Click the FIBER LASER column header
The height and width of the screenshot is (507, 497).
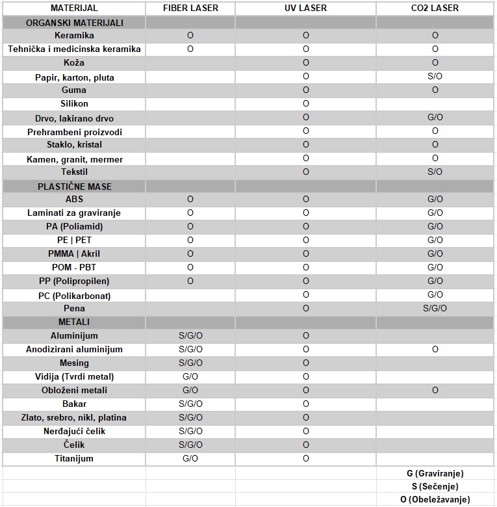click(x=190, y=8)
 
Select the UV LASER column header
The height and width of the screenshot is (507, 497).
click(x=305, y=8)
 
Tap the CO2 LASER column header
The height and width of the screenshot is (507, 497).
click(x=435, y=8)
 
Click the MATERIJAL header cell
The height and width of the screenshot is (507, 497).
click(x=74, y=8)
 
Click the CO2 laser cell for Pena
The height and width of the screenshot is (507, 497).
click(x=435, y=308)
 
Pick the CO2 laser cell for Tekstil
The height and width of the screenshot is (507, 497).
click(x=435, y=172)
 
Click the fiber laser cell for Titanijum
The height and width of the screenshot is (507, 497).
click(x=190, y=458)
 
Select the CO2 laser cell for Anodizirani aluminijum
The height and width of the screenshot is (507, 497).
click(x=435, y=349)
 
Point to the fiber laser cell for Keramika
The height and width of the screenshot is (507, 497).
click(x=190, y=35)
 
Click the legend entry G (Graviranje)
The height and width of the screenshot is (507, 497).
click(x=435, y=473)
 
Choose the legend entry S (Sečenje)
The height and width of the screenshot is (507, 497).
click(x=435, y=486)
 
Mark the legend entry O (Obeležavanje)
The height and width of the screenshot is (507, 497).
click(x=435, y=499)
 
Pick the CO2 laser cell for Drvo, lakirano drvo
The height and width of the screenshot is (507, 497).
click(x=435, y=118)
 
